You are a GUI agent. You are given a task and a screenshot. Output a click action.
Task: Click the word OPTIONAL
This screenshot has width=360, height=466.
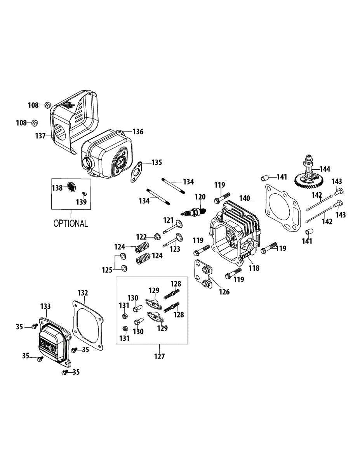coord(71,223)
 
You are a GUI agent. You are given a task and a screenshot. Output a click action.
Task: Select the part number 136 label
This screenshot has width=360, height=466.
coord(138,132)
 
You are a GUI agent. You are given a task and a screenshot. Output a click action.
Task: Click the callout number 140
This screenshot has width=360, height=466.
coord(244,198)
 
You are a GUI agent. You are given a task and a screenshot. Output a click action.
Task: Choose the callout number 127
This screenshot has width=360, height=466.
coord(159,356)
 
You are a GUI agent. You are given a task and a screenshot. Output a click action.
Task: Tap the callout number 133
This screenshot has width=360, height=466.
coord(45,306)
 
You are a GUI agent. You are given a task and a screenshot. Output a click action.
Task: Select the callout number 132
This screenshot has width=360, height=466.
coord(83,292)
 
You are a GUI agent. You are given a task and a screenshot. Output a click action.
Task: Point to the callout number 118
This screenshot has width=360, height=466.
coord(254,268)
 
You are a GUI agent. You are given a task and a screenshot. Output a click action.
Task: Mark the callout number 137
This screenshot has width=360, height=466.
coord(40,136)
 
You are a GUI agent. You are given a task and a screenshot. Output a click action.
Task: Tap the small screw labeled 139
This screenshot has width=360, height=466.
coord(83,193)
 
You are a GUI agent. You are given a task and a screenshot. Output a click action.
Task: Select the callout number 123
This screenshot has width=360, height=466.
coord(175,249)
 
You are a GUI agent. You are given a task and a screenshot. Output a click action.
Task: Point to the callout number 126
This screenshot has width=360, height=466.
coord(224,292)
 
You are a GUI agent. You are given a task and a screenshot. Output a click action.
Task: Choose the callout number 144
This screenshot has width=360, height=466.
coord(325,169)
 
